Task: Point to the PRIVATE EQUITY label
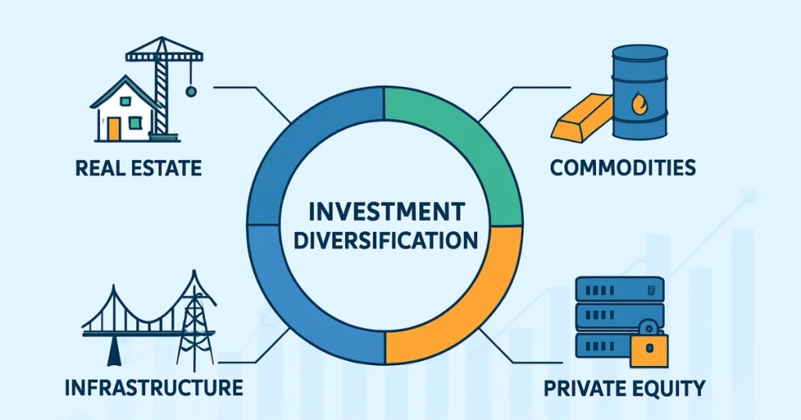tap(623, 387)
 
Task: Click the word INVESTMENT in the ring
tap(385, 212)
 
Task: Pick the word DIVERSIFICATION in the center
tap(385, 240)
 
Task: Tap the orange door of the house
tap(115, 128)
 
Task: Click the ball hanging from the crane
tap(191, 92)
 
